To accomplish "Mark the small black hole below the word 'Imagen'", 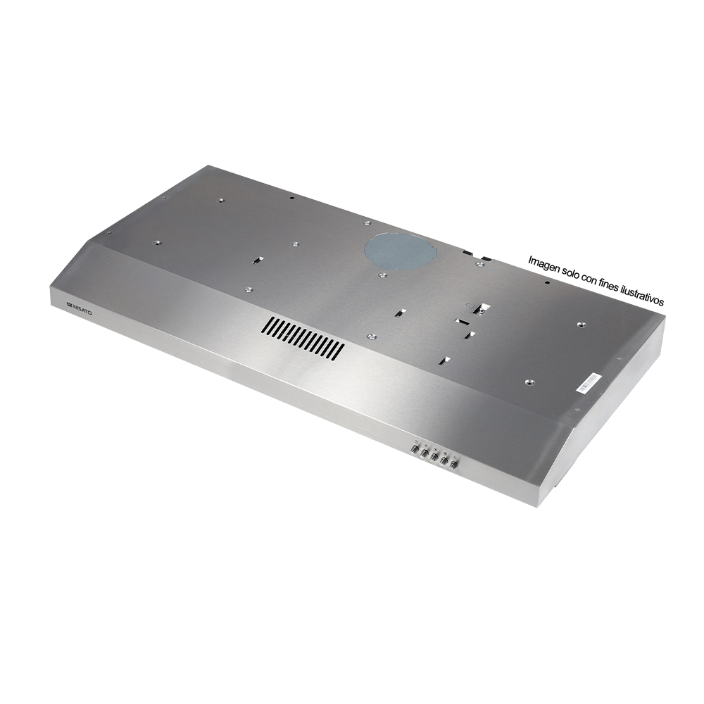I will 546,284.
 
